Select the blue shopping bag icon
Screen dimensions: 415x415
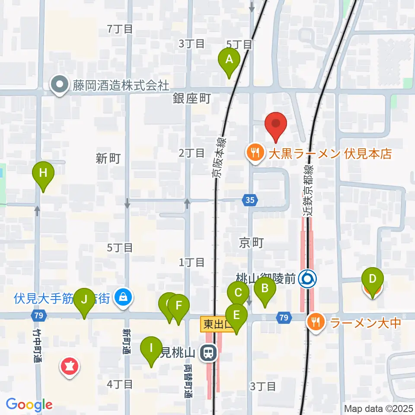click(x=123, y=297)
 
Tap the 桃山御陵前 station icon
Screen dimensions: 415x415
click(x=309, y=279)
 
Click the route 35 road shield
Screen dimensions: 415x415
click(x=250, y=200)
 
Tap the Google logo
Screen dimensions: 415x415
click(x=29, y=405)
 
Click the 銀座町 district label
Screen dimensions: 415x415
click(x=192, y=99)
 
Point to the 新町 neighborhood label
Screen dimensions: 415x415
click(x=108, y=158)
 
